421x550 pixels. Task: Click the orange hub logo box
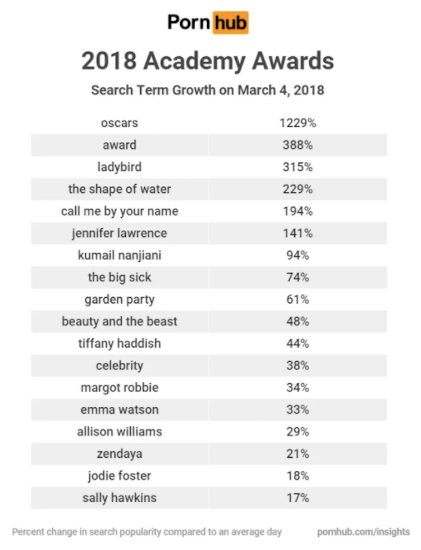(x=230, y=23)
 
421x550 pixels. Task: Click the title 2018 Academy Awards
(x=208, y=61)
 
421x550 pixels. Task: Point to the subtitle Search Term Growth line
(x=208, y=90)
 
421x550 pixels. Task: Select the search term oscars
(x=119, y=123)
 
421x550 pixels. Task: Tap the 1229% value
(x=298, y=123)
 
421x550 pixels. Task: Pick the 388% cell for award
(x=298, y=145)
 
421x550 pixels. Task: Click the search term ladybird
(x=119, y=167)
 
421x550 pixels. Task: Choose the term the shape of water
(x=119, y=189)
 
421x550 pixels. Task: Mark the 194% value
(x=298, y=211)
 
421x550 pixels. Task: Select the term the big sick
(x=119, y=277)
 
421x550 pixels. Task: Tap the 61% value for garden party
(x=298, y=299)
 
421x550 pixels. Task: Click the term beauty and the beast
(x=119, y=321)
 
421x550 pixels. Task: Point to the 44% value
(x=298, y=343)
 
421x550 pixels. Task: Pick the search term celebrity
(x=119, y=366)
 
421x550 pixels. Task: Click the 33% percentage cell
(x=298, y=410)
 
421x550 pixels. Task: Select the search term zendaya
(x=119, y=454)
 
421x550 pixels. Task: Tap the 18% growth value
(x=298, y=476)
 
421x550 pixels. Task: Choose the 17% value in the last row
(x=298, y=498)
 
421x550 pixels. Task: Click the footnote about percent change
(x=147, y=531)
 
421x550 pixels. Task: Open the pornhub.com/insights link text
(x=363, y=531)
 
